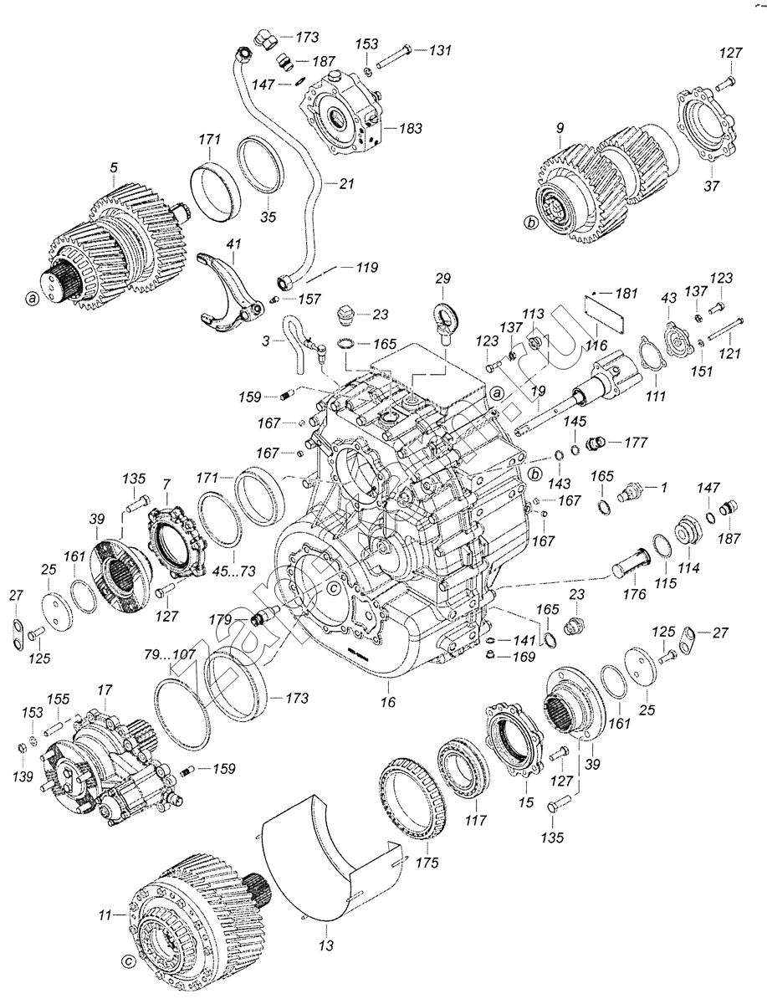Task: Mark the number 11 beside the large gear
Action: click(x=104, y=916)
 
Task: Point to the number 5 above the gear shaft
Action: click(x=114, y=167)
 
